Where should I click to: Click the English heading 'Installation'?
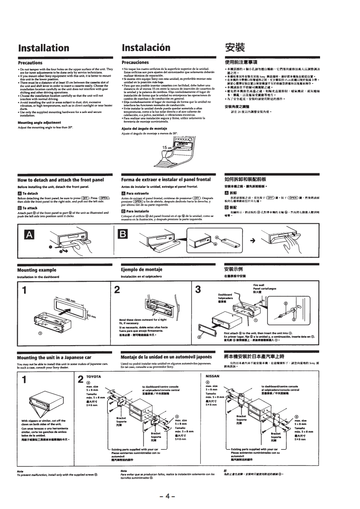pyautogui.click(x=44, y=48)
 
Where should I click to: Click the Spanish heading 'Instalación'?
pyautogui.click(x=146, y=48)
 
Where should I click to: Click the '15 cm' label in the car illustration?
pyautogui.click(x=168, y=148)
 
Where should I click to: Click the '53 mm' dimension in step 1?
pyautogui.click(x=93, y=316)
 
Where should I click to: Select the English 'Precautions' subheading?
pyautogui.click(x=30, y=62)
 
